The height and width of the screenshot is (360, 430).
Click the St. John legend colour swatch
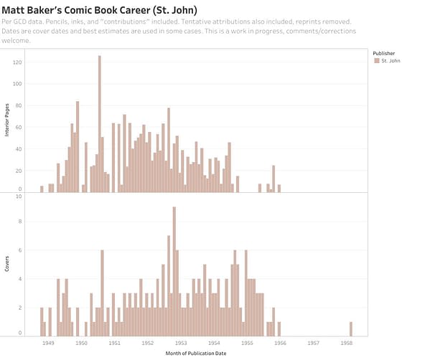click(x=377, y=62)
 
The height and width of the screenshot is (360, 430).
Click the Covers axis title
click(x=8, y=265)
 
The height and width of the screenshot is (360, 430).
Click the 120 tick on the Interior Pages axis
click(x=18, y=62)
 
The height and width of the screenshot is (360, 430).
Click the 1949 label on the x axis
click(x=48, y=344)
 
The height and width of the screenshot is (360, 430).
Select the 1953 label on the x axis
click(x=181, y=344)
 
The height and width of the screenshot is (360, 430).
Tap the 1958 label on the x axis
click(x=347, y=344)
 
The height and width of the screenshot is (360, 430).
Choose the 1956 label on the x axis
click(x=280, y=344)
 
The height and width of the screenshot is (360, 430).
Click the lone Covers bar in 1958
click(x=351, y=328)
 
